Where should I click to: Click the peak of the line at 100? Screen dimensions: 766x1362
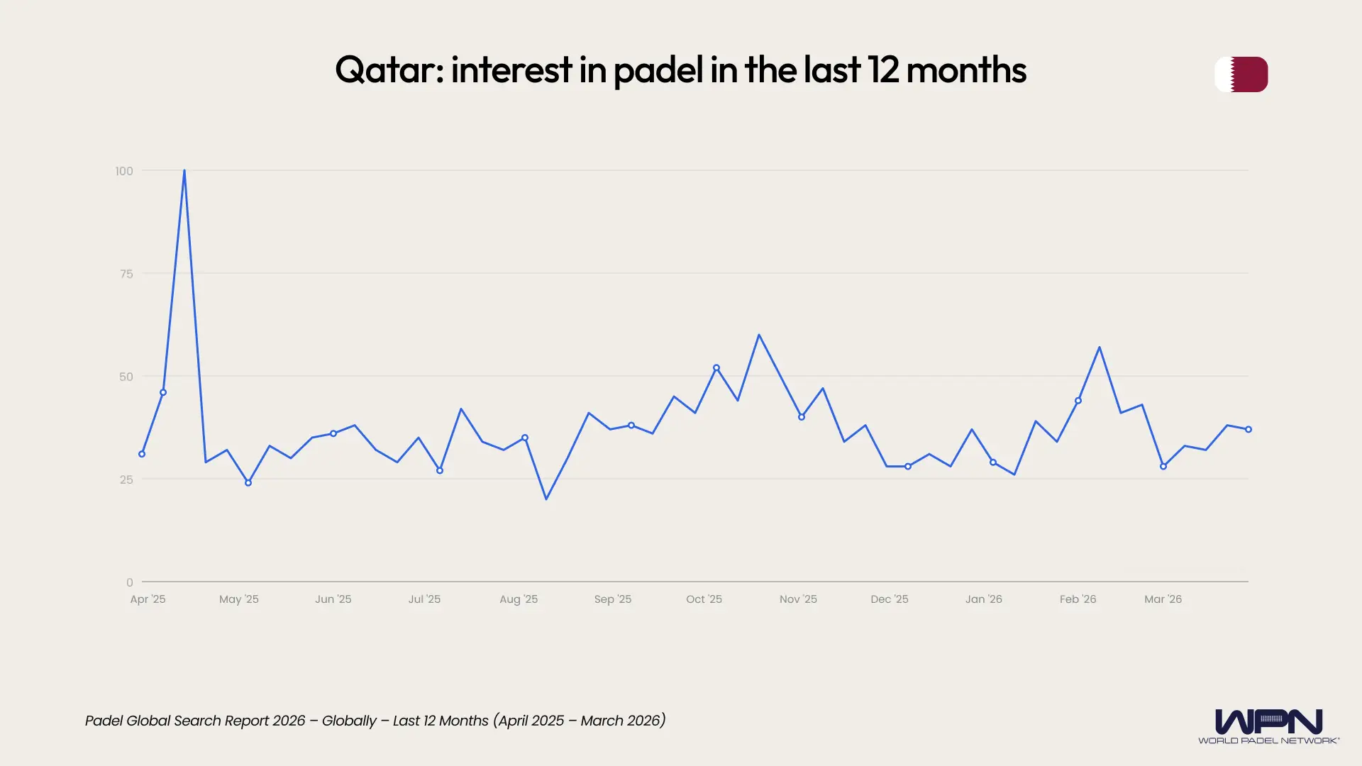click(184, 171)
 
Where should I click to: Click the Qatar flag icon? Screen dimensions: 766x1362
click(1241, 74)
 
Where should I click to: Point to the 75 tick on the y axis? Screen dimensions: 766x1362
click(126, 274)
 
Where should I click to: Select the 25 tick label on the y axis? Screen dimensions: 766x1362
click(126, 479)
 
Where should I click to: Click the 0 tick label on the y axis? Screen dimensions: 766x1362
click(129, 582)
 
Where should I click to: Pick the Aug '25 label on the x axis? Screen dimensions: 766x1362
click(519, 599)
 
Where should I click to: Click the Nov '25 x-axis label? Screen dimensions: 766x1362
click(798, 599)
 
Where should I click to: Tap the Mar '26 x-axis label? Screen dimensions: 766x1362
click(1163, 599)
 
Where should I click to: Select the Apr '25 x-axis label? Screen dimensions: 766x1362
click(148, 599)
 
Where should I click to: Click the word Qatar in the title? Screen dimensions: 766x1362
click(386, 70)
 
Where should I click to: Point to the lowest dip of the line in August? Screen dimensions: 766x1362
click(546, 499)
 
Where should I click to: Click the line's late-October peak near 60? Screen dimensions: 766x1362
click(759, 335)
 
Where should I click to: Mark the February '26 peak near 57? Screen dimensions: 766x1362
click(1100, 348)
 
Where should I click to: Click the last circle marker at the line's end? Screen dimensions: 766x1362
click(1248, 429)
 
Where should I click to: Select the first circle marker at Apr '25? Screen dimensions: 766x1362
click(142, 454)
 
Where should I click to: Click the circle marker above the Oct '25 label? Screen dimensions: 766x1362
click(716, 368)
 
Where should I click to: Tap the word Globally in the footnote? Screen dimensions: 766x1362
click(349, 721)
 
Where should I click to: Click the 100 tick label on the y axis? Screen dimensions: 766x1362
click(124, 171)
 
